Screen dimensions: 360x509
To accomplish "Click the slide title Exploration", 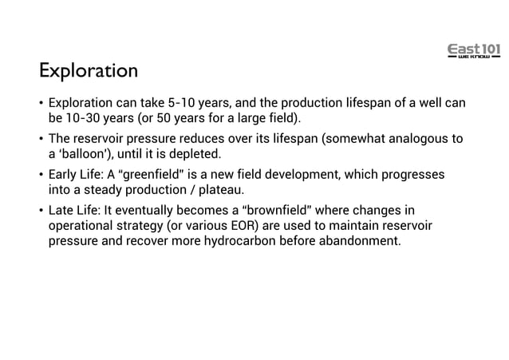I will [x=89, y=71].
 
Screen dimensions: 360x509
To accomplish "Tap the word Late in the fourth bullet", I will [x=62, y=210].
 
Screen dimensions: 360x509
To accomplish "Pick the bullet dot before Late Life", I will [x=41, y=210].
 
